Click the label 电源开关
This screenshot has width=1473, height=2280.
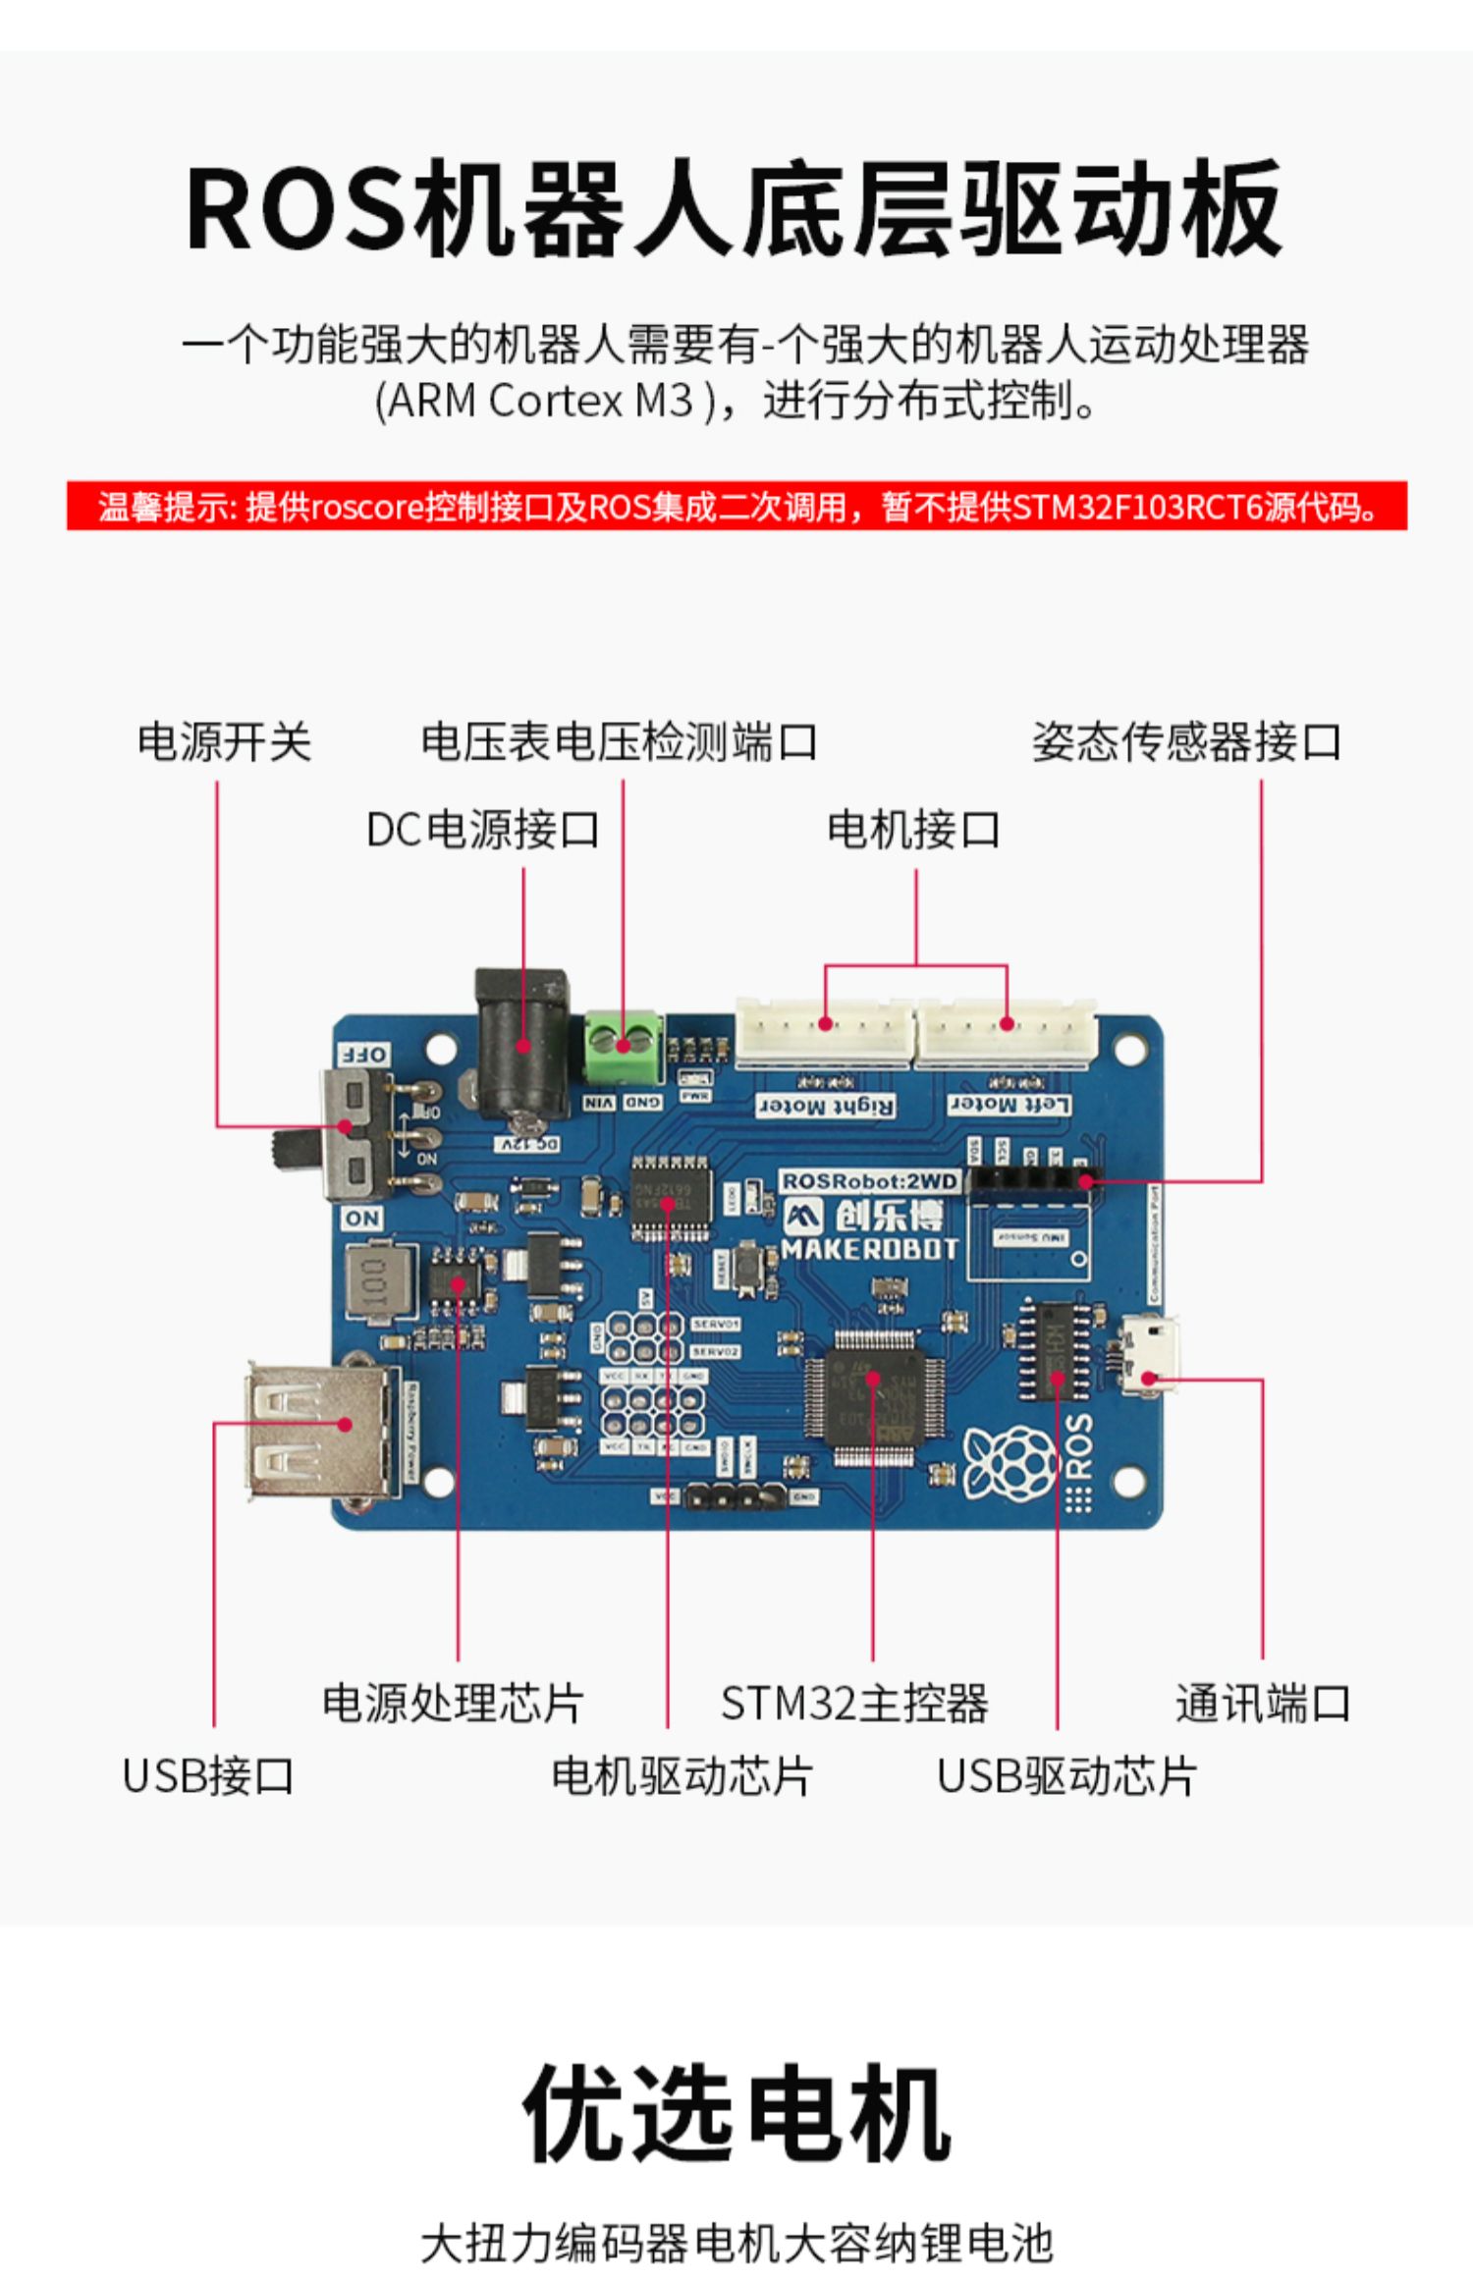224,741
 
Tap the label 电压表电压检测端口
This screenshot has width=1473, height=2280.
619,741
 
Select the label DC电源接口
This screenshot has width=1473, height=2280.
482,830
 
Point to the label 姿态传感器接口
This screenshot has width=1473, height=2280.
1186,741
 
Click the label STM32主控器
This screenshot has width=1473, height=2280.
854,1704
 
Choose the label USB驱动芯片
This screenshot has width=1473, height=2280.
1066,1776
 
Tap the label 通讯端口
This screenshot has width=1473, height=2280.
1263,1704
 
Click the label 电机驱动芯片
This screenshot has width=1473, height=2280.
682,1776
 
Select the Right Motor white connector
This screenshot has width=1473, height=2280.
824,1034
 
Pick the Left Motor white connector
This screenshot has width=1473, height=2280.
1006,1034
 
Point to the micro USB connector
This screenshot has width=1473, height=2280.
1150,1357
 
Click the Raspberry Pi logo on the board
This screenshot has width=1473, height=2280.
1009,1462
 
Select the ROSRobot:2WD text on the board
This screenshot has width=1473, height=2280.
869,1181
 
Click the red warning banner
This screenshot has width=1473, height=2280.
736,506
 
